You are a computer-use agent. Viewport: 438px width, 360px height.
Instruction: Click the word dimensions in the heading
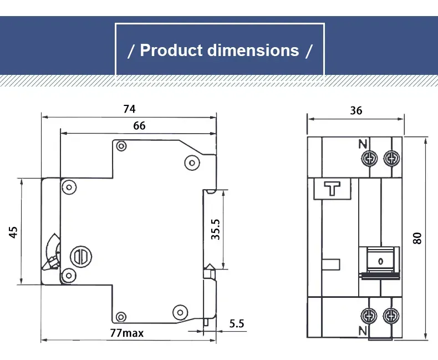253,50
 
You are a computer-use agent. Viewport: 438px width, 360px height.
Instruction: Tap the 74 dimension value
129,109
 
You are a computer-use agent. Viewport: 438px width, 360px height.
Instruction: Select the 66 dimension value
139,126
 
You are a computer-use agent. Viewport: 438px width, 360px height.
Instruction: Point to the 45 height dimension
13,231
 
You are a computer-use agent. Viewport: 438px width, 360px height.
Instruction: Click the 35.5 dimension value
216,229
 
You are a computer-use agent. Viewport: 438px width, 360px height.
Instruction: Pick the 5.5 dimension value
237,323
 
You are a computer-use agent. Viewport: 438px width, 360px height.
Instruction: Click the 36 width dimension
356,110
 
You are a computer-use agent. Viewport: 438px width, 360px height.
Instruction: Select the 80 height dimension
417,237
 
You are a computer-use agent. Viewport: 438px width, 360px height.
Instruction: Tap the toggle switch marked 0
380,260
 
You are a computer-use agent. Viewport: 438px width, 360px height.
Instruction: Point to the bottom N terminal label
363,331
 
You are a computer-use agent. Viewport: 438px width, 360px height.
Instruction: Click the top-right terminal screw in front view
392,158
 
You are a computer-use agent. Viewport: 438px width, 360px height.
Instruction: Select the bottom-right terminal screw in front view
392,317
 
